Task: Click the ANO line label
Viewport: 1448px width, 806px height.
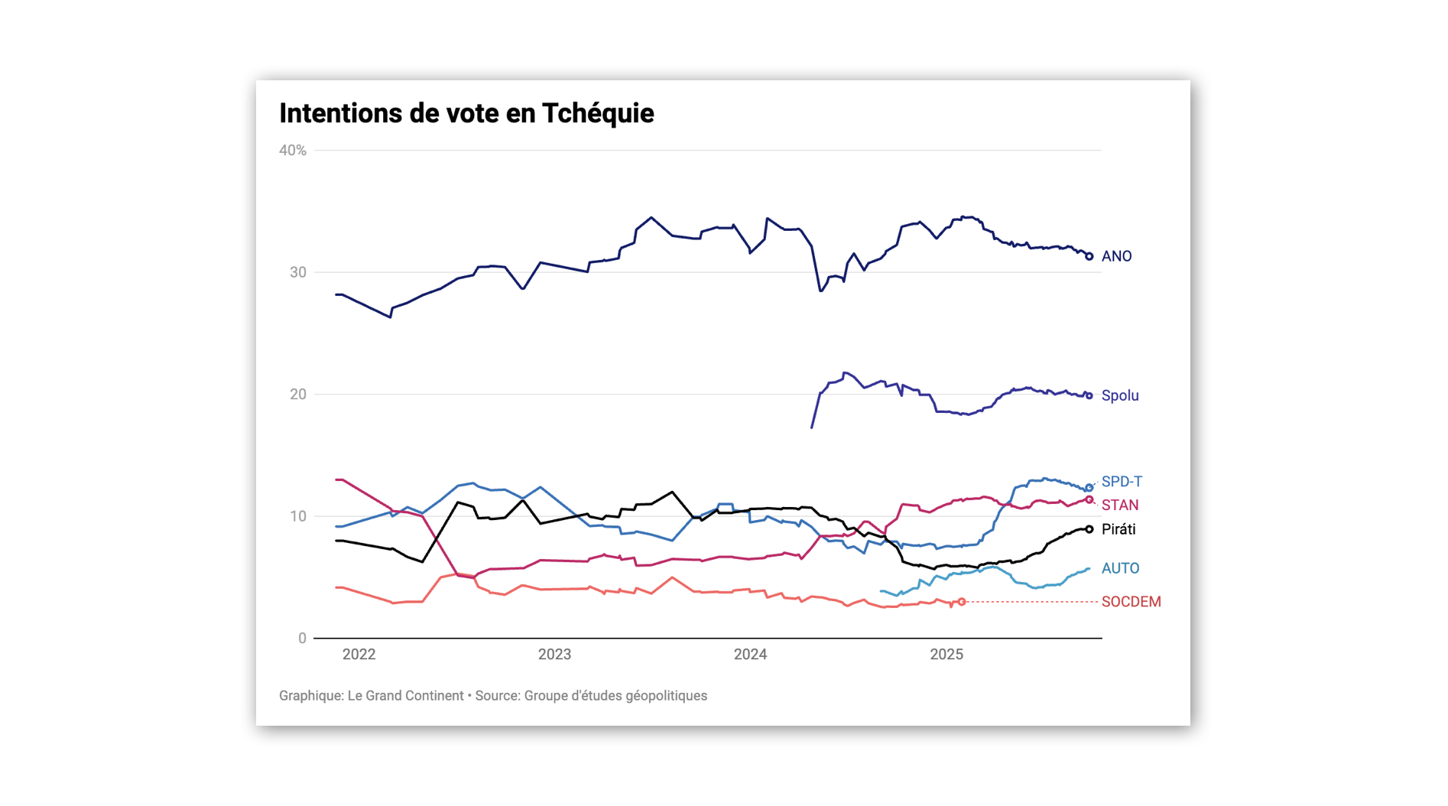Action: tap(1116, 256)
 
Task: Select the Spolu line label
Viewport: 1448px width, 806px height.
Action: tap(1120, 395)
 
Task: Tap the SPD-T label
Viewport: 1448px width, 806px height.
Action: tap(1122, 482)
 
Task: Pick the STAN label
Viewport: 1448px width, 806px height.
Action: tap(1120, 505)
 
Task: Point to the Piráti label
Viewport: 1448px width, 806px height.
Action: tap(1118, 529)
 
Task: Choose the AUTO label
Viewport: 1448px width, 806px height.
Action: tap(1120, 568)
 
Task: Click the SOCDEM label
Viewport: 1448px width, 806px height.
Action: tap(1131, 602)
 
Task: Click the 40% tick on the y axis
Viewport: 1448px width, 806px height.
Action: tap(293, 151)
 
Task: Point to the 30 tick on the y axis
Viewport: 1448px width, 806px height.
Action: tap(297, 272)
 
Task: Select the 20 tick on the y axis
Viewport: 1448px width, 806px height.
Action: tap(297, 395)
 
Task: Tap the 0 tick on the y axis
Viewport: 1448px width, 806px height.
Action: tap(302, 639)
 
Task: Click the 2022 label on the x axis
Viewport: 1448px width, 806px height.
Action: tap(359, 655)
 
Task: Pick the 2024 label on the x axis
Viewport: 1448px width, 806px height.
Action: tap(750, 655)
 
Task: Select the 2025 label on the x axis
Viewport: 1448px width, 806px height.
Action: tap(946, 655)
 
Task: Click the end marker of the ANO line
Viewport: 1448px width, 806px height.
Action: tap(1089, 256)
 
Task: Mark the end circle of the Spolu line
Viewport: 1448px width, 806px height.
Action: tap(1089, 396)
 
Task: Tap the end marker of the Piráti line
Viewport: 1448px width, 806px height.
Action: tap(1089, 529)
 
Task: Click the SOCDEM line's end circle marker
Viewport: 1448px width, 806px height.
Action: tap(962, 602)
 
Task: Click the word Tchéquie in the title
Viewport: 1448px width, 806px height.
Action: tap(598, 113)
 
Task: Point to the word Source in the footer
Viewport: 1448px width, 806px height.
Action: tap(497, 696)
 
